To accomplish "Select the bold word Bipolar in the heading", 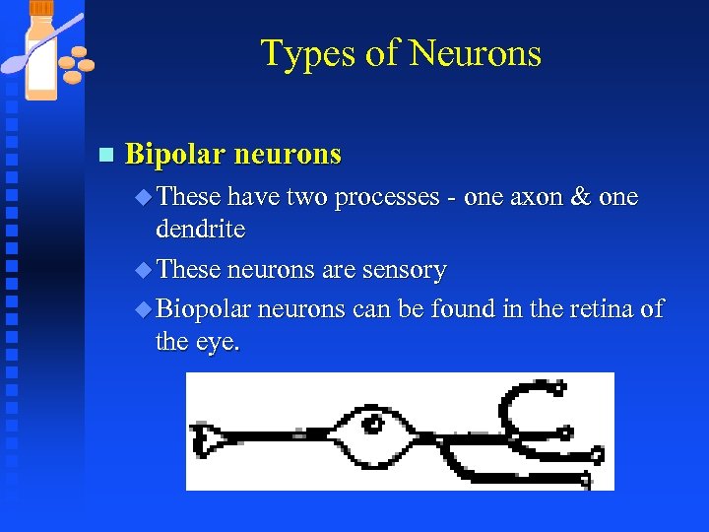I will [x=175, y=155].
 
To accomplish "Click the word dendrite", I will [x=200, y=230].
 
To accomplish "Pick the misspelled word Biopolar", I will [x=202, y=308].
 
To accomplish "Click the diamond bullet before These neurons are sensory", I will [x=143, y=269].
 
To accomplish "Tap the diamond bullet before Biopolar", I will [x=143, y=308].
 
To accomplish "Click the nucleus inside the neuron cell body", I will [x=373, y=426].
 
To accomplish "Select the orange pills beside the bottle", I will [x=77, y=65].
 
